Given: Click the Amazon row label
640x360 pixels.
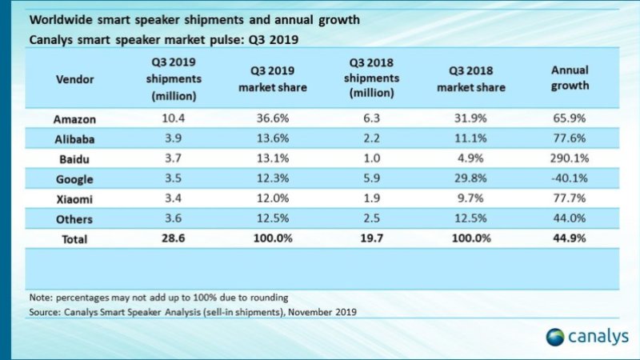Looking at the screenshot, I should pyautogui.click(x=75, y=119).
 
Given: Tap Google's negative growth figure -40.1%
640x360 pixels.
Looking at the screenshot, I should pyautogui.click(x=570, y=179).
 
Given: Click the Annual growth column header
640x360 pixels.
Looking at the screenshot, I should pyautogui.click(x=570, y=78).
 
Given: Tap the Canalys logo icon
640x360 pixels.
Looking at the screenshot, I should pyautogui.click(x=556, y=337).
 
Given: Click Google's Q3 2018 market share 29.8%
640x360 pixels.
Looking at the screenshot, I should pyautogui.click(x=470, y=179).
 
